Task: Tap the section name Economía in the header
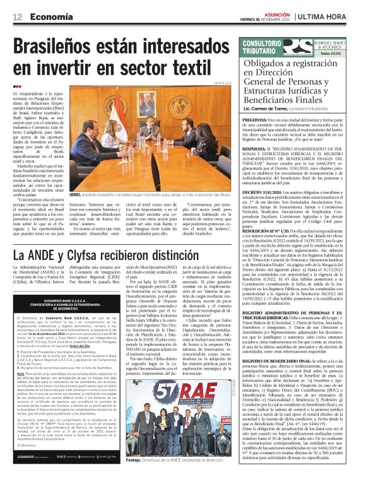click(x=49, y=16)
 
